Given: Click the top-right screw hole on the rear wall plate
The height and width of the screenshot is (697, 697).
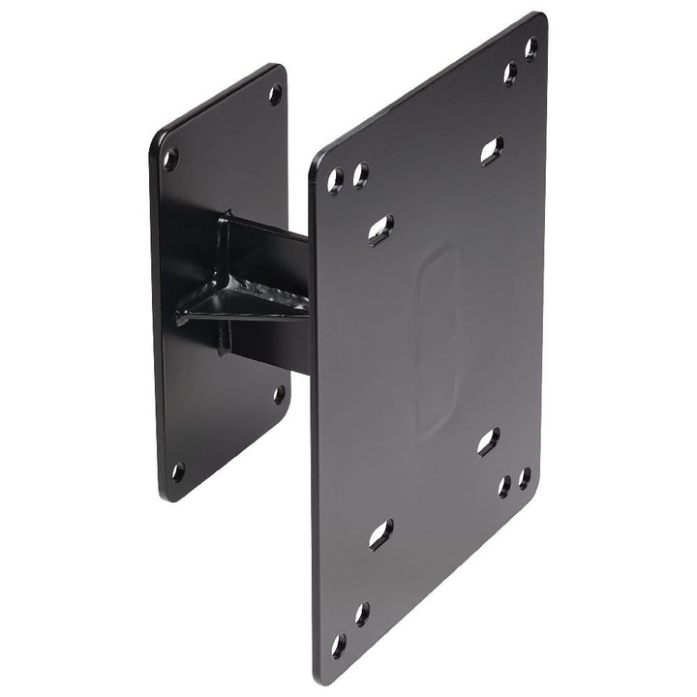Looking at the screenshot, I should [275, 94].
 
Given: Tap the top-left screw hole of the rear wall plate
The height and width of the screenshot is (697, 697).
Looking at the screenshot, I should [170, 159].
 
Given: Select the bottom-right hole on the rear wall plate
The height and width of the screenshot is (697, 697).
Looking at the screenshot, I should [279, 394].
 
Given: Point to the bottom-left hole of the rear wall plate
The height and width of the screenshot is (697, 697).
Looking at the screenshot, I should [177, 472].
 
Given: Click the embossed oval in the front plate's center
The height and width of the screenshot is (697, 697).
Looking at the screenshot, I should [437, 339].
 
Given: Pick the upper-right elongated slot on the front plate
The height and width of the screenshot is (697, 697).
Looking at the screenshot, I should [492, 150].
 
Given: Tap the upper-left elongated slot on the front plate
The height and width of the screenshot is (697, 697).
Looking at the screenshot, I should [380, 229].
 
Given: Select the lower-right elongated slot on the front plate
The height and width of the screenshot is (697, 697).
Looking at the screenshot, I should [489, 441].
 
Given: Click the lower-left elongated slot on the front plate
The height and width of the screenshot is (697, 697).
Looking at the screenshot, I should [380, 533].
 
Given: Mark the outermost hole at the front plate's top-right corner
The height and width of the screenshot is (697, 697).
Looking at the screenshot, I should [531, 47].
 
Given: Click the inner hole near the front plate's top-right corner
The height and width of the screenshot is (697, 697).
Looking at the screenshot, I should [510, 74].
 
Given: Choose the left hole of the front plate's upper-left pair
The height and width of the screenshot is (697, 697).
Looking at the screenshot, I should [336, 181].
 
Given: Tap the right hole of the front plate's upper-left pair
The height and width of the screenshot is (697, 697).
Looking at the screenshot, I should [360, 175].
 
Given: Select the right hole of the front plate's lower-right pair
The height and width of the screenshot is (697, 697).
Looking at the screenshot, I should [524, 478].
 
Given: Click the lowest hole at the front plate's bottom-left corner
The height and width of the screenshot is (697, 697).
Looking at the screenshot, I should [339, 646].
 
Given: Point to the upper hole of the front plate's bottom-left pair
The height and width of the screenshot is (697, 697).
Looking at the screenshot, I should [361, 613].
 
